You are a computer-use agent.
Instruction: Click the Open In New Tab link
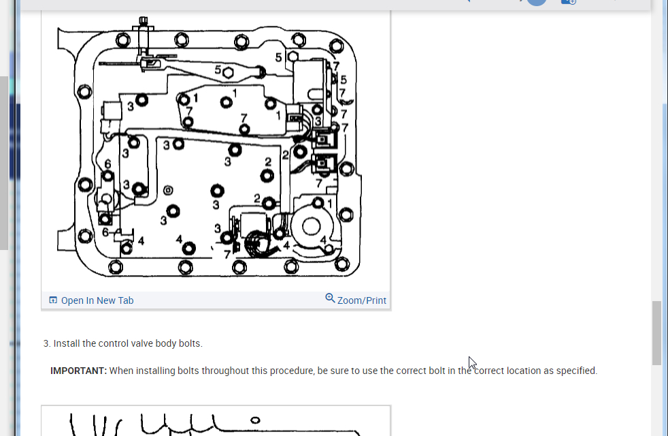[97, 300]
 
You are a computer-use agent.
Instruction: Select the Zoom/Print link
[361, 300]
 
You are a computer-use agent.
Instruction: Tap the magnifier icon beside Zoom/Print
[330, 298]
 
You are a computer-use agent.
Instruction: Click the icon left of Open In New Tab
[53, 300]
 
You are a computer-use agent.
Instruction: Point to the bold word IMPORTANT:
[79, 371]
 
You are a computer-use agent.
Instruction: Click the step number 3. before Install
[47, 343]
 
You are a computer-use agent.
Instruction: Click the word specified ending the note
[575, 371]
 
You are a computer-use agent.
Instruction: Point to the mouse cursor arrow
[472, 362]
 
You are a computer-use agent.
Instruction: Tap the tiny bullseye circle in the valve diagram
[168, 190]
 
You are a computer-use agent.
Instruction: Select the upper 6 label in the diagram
[107, 164]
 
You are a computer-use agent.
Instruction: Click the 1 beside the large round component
[330, 203]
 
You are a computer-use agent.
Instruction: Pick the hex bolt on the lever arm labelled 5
[229, 71]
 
